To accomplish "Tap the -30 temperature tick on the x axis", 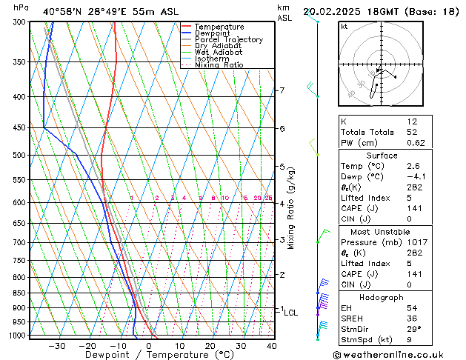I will pyautogui.click(x=57, y=345).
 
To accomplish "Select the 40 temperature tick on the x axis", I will pyautogui.click(x=271, y=345).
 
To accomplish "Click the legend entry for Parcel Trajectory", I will pyautogui.click(x=228, y=39).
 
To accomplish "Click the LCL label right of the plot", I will pyautogui.click(x=290, y=313).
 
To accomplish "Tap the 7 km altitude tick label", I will pyautogui.click(x=282, y=90).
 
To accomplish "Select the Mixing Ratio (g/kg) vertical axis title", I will pyautogui.click(x=291, y=208).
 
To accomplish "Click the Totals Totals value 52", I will pyautogui.click(x=412, y=132).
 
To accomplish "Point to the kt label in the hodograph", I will pyautogui.click(x=344, y=27).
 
